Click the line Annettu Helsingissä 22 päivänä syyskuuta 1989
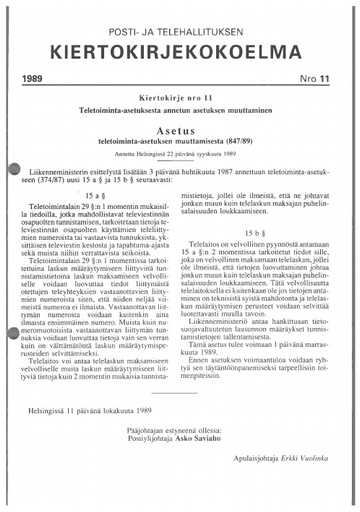tap(180, 155)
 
